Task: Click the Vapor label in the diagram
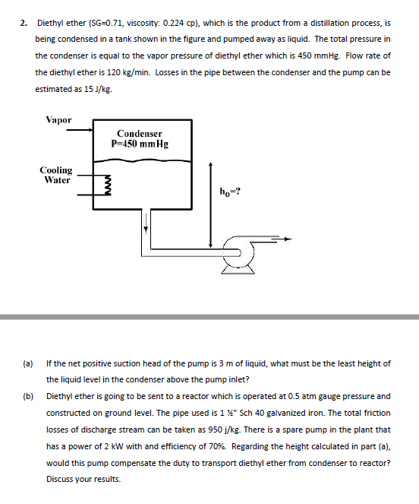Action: click(x=58, y=120)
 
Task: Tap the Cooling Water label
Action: click(x=57, y=176)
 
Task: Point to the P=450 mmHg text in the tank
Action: click(x=140, y=143)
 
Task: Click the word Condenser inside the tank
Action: click(x=140, y=133)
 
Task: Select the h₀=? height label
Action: click(x=228, y=191)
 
